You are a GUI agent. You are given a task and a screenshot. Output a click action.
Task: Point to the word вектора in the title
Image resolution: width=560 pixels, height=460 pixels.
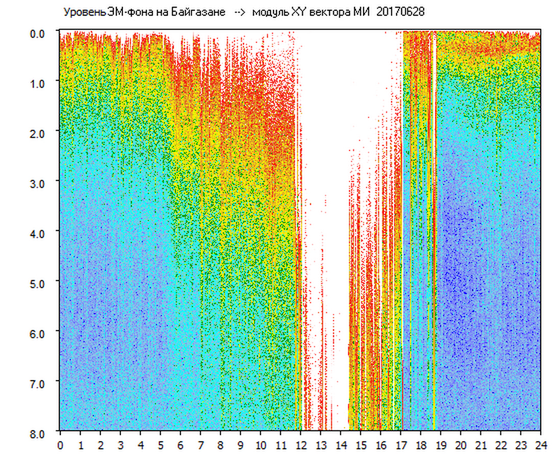click(326, 12)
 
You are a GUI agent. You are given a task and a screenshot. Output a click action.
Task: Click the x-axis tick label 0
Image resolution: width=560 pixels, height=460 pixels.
click(60, 445)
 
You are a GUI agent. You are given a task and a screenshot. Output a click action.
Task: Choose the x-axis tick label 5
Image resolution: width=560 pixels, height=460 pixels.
click(160, 445)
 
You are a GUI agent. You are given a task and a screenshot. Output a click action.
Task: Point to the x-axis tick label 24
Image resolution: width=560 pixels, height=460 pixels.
click(541, 445)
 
